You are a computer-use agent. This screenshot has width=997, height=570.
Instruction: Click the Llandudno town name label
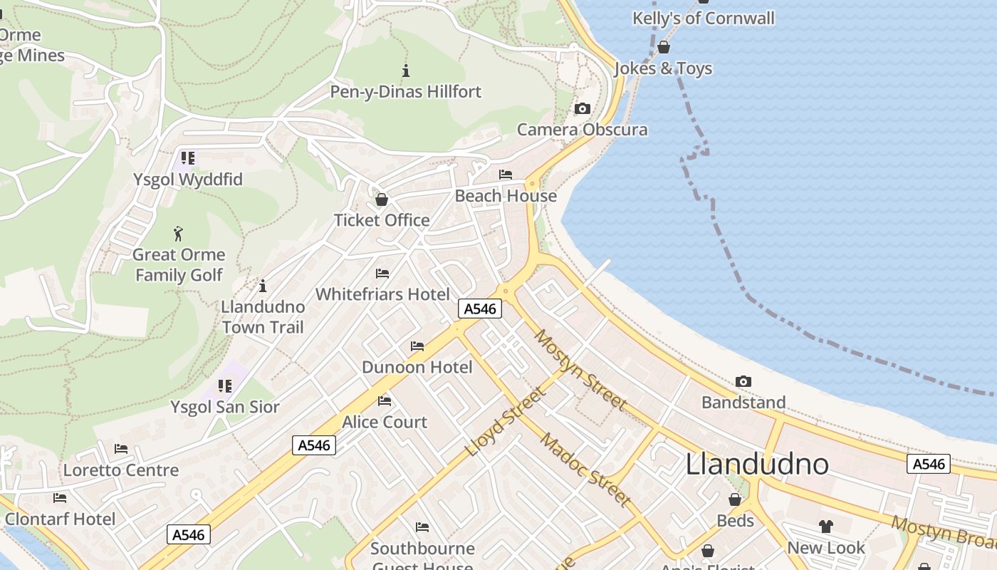(757, 464)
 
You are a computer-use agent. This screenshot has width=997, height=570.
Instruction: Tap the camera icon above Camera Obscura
(583, 109)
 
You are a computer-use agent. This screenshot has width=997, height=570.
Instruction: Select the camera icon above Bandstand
(743, 382)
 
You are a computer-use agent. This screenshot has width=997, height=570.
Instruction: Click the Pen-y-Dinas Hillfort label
(405, 92)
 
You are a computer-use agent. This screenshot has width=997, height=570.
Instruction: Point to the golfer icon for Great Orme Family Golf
(178, 233)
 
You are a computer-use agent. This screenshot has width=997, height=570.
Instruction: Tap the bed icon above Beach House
(506, 175)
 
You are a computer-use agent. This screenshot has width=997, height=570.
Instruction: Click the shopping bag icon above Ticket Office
(382, 199)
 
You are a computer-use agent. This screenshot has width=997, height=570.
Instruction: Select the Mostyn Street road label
(581, 370)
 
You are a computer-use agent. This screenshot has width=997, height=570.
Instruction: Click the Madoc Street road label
(585, 470)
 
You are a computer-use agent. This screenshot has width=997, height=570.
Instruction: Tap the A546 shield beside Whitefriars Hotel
(481, 309)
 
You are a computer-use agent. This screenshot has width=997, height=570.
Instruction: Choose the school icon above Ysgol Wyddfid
(188, 157)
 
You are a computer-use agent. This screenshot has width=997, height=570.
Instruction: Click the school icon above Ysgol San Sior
(225, 386)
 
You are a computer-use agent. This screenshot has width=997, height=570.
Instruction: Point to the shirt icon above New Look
(826, 527)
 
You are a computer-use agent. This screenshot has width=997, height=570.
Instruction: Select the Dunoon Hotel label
(417, 368)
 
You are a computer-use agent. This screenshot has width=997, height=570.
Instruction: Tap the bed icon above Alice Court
(385, 401)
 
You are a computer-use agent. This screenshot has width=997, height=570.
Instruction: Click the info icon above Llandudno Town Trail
(263, 286)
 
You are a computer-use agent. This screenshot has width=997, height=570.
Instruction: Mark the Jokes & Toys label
(663, 68)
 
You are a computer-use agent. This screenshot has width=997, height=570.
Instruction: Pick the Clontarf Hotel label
(60, 519)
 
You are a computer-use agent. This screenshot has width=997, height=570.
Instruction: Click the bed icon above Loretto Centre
(121, 449)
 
